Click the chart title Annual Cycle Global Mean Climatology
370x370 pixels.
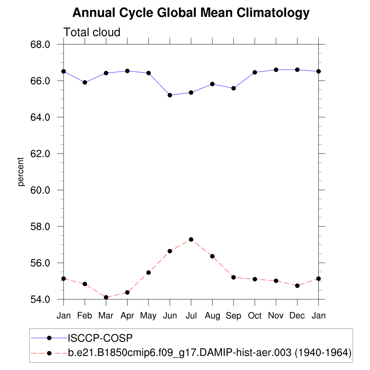(191, 13)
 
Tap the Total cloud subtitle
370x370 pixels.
(92, 32)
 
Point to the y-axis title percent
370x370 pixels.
(21, 172)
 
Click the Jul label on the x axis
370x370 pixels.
(191, 316)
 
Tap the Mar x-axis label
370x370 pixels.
(106, 316)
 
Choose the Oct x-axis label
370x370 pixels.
(255, 316)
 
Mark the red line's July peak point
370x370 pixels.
(191, 239)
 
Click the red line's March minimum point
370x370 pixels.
(106, 297)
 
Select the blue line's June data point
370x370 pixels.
(170, 95)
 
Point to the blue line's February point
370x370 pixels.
(85, 82)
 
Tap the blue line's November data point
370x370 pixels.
(276, 70)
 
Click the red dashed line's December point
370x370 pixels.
(297, 285)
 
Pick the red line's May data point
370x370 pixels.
(149, 272)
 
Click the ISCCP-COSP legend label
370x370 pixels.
(100, 338)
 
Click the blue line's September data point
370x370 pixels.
(233, 88)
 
